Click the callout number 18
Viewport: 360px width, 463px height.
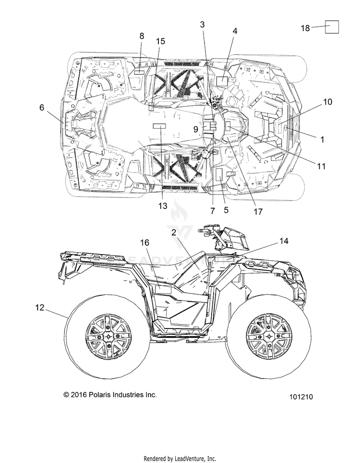pyautogui.click(x=305, y=28)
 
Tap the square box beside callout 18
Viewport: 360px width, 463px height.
pyautogui.click(x=332, y=27)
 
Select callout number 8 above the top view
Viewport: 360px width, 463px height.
pyautogui.click(x=142, y=36)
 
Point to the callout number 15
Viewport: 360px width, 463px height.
pyautogui.click(x=161, y=41)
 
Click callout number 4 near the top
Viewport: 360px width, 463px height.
pyautogui.click(x=235, y=31)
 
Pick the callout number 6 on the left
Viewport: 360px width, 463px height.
pyautogui.click(x=42, y=108)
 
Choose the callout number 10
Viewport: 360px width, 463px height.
pyautogui.click(x=327, y=102)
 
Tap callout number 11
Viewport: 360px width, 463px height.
pyautogui.click(x=321, y=166)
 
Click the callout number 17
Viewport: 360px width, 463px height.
pyautogui.click(x=258, y=211)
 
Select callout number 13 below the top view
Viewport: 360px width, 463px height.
pyautogui.click(x=163, y=206)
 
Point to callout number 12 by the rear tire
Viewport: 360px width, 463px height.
pyautogui.click(x=39, y=307)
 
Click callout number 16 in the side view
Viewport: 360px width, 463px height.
pyautogui.click(x=144, y=243)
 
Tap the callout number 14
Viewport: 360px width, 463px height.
pyautogui.click(x=284, y=241)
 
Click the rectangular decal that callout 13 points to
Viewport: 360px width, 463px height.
pyautogui.click(x=159, y=126)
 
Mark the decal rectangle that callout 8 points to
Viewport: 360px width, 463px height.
pyautogui.click(x=139, y=72)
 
